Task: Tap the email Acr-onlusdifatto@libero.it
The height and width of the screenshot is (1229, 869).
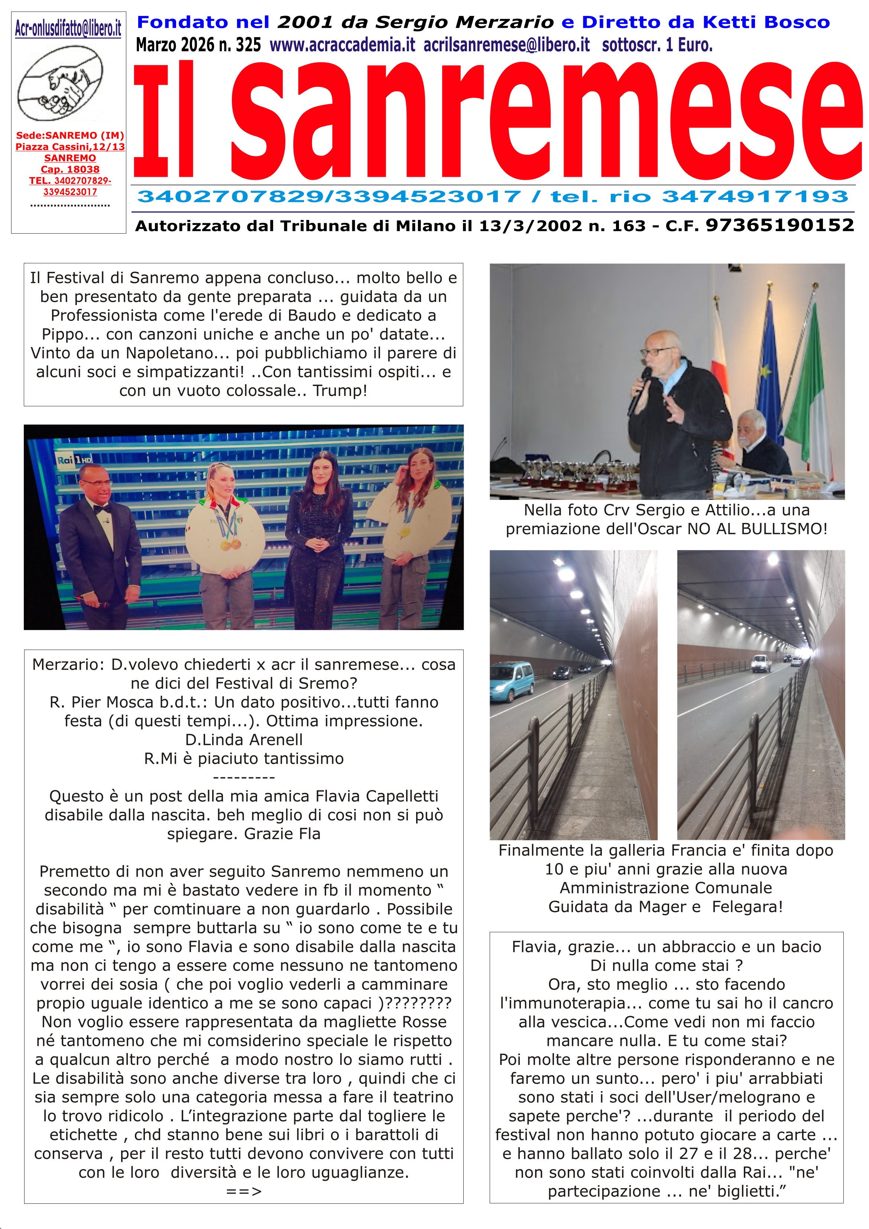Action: [x=68, y=28]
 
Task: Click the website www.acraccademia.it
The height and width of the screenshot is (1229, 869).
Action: [x=342, y=45]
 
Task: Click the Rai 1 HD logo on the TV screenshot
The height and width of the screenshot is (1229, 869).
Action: [x=75, y=460]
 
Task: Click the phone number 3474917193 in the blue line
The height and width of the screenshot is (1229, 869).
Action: [x=755, y=197]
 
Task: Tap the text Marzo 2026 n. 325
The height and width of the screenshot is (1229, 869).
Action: [x=198, y=45]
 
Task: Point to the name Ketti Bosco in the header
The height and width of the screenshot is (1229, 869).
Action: [x=766, y=23]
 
